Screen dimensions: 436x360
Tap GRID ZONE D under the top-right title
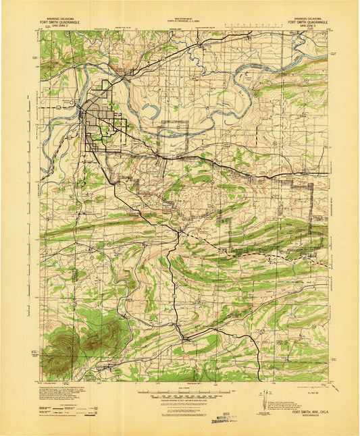coord(307,26)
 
